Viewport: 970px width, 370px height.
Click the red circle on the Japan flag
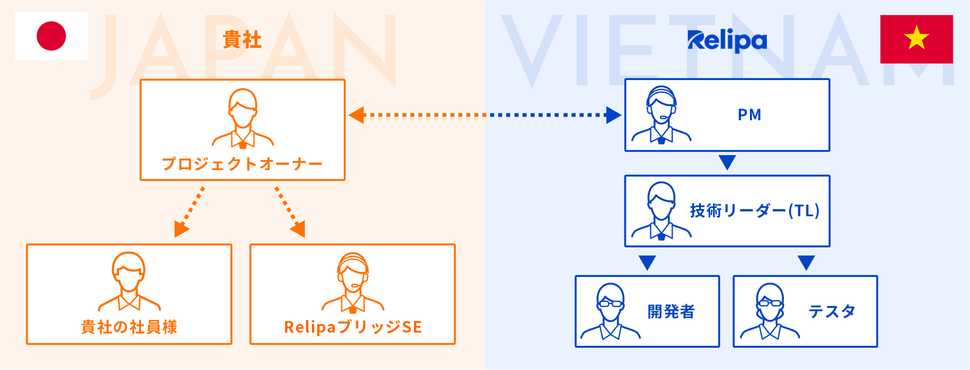pos(51,36)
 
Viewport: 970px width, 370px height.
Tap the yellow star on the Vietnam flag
pos(916,38)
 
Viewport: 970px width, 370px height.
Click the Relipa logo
pos(727,41)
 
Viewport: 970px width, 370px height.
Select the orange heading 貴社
pos(242,40)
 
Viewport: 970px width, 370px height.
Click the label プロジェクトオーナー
pos(242,164)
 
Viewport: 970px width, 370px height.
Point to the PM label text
pos(749,115)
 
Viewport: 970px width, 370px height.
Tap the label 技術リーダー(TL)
pos(755,211)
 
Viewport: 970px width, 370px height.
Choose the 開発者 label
pos(671,311)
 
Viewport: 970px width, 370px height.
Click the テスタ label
pos(832,311)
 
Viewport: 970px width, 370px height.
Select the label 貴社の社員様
pos(129,327)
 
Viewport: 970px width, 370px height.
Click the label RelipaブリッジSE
pos(353,327)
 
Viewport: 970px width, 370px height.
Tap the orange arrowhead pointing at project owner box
pos(357,115)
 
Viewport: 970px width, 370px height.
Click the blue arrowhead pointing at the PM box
pos(614,115)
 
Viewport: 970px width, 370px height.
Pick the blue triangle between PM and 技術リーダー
pos(727,162)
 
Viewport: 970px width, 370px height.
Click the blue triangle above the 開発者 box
pos(647,262)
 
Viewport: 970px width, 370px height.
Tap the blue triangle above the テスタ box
pos(806,262)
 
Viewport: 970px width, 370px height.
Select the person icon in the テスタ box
pos(770,311)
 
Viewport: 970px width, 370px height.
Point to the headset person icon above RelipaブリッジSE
pos(353,282)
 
